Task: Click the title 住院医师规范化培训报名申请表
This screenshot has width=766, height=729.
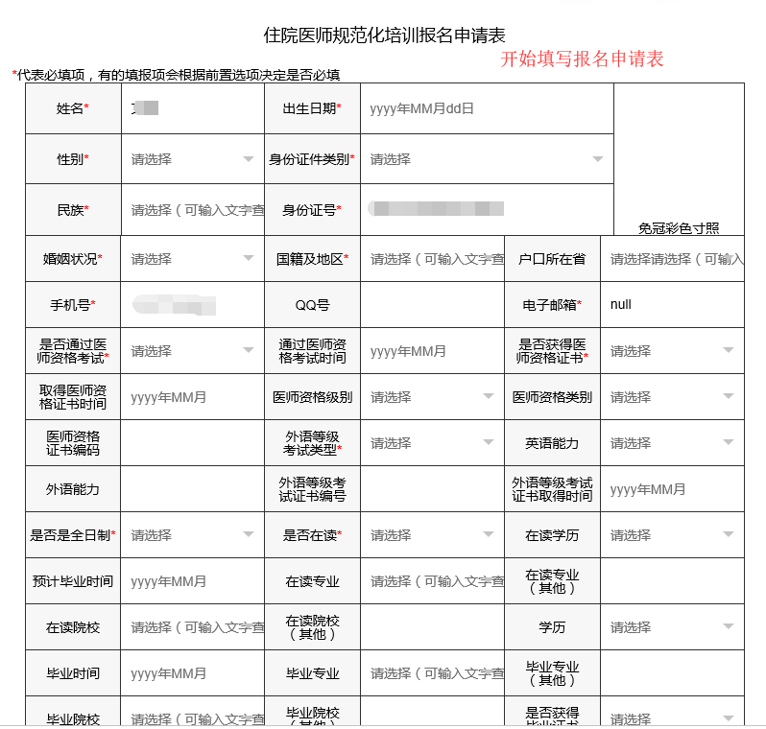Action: pyautogui.click(x=384, y=35)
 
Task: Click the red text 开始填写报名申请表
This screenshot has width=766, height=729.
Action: pyautogui.click(x=582, y=59)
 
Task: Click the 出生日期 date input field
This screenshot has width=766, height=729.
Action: pyautogui.click(x=486, y=108)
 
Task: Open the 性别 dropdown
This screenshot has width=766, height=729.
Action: pyautogui.click(x=192, y=159)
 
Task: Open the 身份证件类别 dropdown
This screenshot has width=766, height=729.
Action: pyautogui.click(x=486, y=159)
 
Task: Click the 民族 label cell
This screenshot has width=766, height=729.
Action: pyautogui.click(x=73, y=209)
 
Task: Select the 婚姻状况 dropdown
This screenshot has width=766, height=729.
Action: pyautogui.click(x=192, y=259)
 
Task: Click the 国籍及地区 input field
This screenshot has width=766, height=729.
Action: pyautogui.click(x=432, y=259)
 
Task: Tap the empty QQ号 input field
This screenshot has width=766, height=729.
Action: pyautogui.click(x=432, y=305)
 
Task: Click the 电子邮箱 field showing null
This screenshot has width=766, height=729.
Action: pyautogui.click(x=672, y=305)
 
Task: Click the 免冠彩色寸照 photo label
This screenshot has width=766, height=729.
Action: pyautogui.click(x=679, y=228)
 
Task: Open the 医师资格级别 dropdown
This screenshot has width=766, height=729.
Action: pyautogui.click(x=432, y=397)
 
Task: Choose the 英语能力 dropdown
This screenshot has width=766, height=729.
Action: pyautogui.click(x=672, y=443)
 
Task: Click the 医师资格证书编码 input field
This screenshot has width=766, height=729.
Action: pyautogui.click(x=192, y=443)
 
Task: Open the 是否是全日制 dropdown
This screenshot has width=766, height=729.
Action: pyautogui.click(x=192, y=535)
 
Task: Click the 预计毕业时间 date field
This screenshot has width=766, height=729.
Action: pyautogui.click(x=192, y=581)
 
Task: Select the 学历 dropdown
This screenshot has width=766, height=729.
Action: pyautogui.click(x=672, y=627)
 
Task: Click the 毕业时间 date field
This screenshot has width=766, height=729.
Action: pyautogui.click(x=192, y=673)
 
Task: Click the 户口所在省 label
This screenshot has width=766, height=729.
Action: pyautogui.click(x=552, y=259)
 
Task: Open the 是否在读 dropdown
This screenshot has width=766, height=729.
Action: pyautogui.click(x=432, y=535)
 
